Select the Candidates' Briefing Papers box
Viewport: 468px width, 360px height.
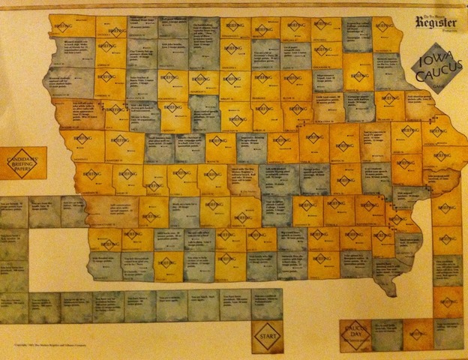click(25, 163)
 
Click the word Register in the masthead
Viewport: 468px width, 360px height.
click(439, 23)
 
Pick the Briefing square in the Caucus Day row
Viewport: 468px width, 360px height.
click(418, 332)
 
